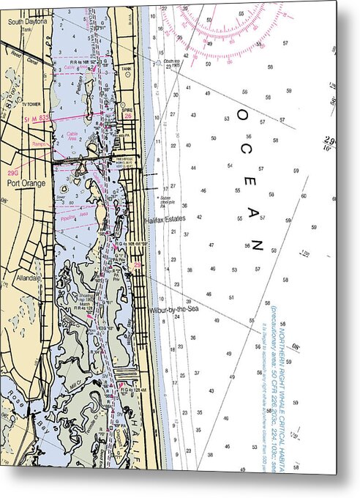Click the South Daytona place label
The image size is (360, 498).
tap(27, 22)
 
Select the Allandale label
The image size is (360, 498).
tap(27, 278)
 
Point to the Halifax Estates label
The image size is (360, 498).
tap(165, 218)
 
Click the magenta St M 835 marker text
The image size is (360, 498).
tap(37, 118)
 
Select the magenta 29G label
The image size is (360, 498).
tap(13, 173)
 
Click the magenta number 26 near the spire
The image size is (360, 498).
tap(128, 116)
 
